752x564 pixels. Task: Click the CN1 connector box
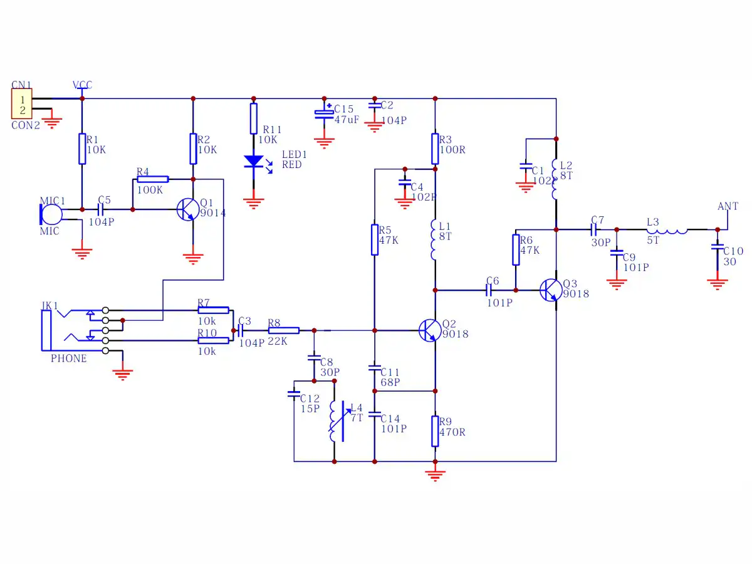point(21,104)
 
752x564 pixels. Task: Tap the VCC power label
point(82,85)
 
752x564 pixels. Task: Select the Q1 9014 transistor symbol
point(188,209)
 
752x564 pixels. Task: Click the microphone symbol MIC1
point(51,215)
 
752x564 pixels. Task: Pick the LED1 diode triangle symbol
point(254,161)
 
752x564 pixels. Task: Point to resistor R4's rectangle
point(153,179)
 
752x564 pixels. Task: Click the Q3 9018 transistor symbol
point(551,290)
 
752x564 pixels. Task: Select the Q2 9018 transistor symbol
point(430,330)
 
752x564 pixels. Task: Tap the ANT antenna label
point(728,207)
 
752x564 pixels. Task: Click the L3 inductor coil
point(667,231)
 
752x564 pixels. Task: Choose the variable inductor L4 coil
point(333,421)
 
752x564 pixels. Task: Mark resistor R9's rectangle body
point(435,431)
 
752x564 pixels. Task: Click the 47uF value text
point(347,120)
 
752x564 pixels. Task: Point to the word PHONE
point(68,358)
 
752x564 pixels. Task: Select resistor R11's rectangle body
point(254,118)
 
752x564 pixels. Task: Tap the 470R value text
point(452,432)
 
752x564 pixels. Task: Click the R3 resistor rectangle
point(435,149)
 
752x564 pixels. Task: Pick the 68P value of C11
point(390,382)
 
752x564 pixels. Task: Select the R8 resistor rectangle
point(284,330)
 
